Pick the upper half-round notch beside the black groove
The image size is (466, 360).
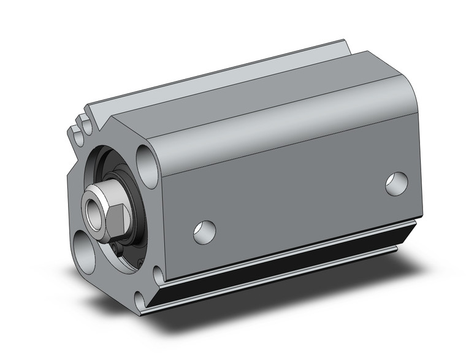tap(158, 274)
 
